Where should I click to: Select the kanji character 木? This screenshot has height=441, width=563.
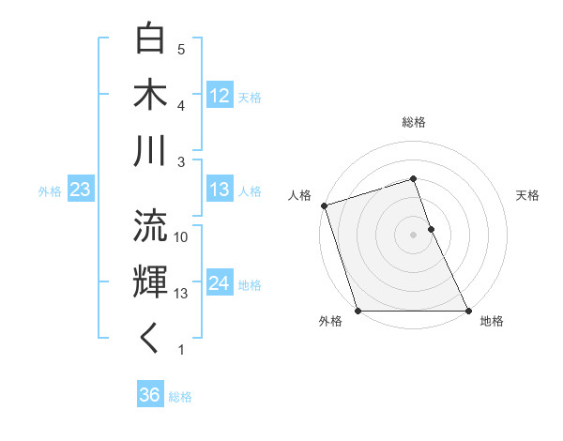[151, 96]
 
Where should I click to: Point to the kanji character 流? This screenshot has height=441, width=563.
[151, 226]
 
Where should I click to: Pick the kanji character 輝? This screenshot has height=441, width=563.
[151, 282]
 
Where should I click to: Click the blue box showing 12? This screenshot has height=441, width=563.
[220, 96]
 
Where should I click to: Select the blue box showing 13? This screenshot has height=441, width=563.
[220, 190]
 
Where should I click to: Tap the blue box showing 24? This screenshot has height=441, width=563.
[220, 283]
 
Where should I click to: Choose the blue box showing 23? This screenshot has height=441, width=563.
[80, 190]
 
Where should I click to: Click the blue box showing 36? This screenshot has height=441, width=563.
[150, 395]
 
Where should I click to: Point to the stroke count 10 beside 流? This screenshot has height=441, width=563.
[181, 237]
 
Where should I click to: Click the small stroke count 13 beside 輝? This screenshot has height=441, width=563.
[181, 294]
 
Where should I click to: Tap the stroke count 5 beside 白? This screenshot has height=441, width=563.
[181, 49]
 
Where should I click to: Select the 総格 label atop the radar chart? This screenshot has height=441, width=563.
[414, 122]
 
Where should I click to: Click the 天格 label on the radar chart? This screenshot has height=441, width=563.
[527, 195]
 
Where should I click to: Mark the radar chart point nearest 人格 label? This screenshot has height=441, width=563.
[324, 205]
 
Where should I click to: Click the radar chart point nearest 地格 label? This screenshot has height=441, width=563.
[468, 311]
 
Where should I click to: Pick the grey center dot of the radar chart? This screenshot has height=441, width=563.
[414, 235]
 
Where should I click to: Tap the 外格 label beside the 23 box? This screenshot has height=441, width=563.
[50, 191]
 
